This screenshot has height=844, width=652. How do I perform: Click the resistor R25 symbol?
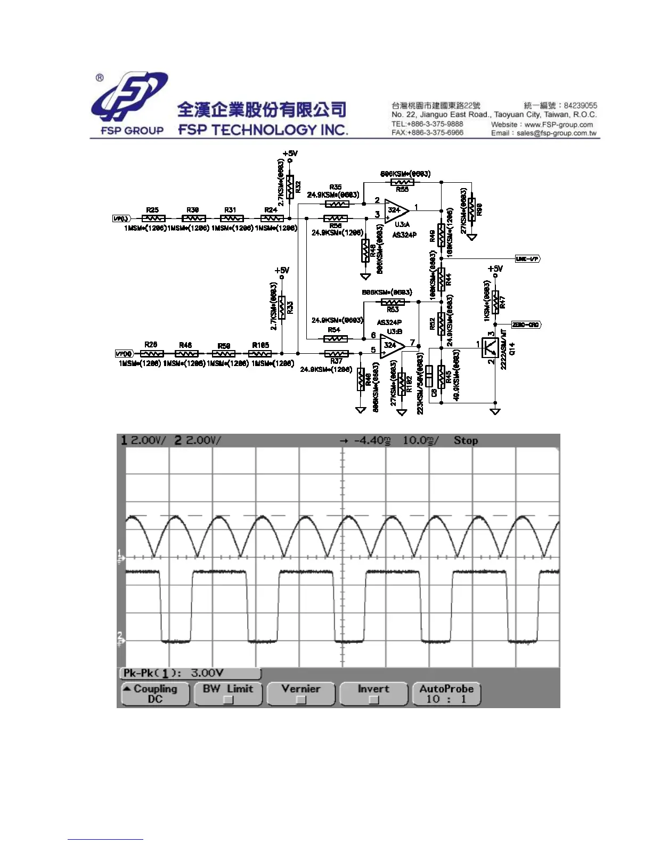coord(153,218)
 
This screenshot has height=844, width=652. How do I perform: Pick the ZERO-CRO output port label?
coord(526,324)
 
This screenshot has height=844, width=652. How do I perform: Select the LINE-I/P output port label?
coord(527,259)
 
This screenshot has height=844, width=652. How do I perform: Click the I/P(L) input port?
coord(121,218)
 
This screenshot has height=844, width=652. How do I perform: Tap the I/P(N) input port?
coord(123,354)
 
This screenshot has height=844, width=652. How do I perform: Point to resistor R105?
coord(260,353)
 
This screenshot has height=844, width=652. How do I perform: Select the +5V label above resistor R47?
coord(495,269)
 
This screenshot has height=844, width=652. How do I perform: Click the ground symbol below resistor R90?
coord(471,237)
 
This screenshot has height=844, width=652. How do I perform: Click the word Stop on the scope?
coord(466,441)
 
